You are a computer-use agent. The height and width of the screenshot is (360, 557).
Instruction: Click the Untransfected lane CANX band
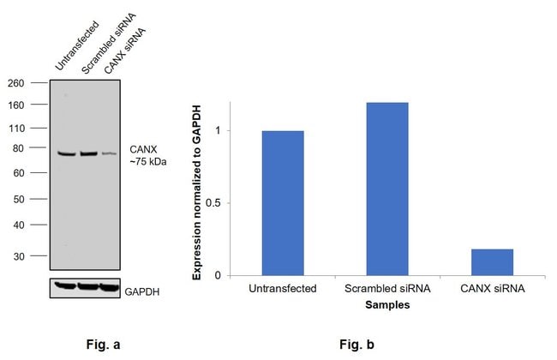pos(66,153)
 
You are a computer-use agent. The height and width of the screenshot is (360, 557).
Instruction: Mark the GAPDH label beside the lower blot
pos(142,291)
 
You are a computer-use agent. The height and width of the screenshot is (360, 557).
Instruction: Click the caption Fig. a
pos(104,345)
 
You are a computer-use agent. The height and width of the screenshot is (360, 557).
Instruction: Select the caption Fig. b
pos(356,345)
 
